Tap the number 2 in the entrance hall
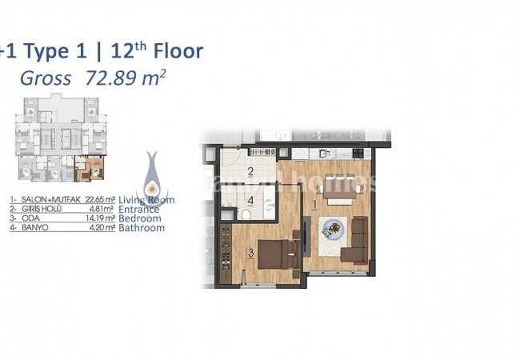click(250, 172)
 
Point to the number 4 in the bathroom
click(250, 200)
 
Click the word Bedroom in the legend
click(139, 218)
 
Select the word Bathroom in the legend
click(142, 228)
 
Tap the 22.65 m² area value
click(98, 199)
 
